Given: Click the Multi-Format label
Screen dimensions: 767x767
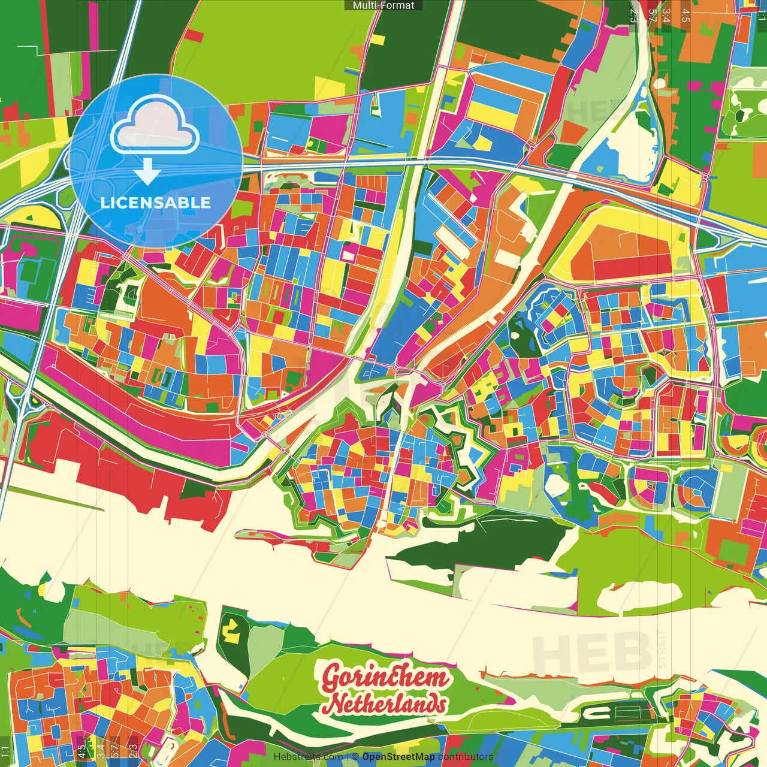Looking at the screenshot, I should [383, 5].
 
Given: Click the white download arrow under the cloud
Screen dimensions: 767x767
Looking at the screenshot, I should [147, 173].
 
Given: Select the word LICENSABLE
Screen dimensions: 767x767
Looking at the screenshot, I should [156, 203].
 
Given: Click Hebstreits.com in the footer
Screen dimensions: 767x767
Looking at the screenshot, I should [308, 757].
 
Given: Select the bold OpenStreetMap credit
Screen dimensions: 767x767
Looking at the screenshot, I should [398, 757].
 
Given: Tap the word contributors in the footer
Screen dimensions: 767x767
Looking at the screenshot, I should [465, 757].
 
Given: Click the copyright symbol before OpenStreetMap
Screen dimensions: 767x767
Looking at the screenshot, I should [355, 757].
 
